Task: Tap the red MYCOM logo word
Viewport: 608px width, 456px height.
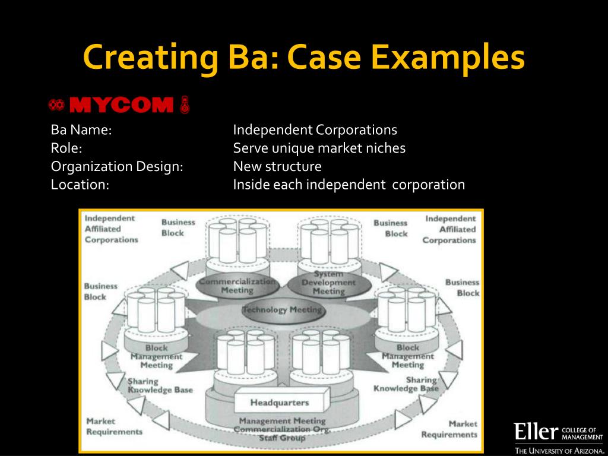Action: click(x=121, y=106)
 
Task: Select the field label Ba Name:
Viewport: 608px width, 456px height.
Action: click(x=81, y=130)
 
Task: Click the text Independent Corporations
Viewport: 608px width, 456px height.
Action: click(x=315, y=130)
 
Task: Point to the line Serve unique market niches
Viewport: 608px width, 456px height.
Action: click(x=319, y=148)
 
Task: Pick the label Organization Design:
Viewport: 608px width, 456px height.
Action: click(x=116, y=166)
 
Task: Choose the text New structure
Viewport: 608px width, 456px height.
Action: click(x=277, y=166)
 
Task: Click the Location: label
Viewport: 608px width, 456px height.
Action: click(x=80, y=185)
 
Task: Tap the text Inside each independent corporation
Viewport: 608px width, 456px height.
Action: click(x=349, y=185)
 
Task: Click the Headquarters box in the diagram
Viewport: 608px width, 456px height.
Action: click(x=279, y=403)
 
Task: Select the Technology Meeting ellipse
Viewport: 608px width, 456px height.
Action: click(x=282, y=310)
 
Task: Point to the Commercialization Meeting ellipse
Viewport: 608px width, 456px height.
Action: click(x=237, y=286)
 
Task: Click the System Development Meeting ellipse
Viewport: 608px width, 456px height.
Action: click(x=328, y=283)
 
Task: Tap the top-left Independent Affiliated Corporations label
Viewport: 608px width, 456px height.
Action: click(x=111, y=229)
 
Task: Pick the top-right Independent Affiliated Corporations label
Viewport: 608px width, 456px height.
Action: click(x=450, y=229)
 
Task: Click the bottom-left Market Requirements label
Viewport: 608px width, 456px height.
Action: click(x=114, y=426)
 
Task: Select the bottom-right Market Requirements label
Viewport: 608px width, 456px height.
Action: click(x=449, y=429)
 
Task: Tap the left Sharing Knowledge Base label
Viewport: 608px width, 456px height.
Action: click(x=160, y=385)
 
